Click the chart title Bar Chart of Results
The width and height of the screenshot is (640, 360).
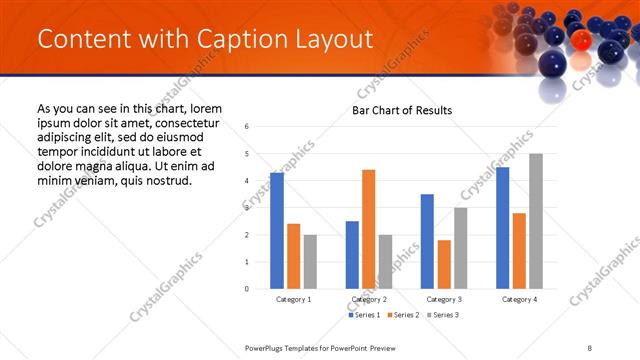pyautogui.click(x=402, y=110)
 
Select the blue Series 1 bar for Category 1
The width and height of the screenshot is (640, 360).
pyautogui.click(x=277, y=230)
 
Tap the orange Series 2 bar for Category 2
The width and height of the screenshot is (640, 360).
pyautogui.click(x=369, y=229)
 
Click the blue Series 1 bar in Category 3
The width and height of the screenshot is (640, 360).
pyautogui.click(x=428, y=241)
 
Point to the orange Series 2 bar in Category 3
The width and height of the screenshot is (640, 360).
pyautogui.click(x=444, y=264)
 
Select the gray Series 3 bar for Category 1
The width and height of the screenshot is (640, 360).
pyautogui.click(x=310, y=261)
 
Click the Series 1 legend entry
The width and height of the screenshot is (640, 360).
pyautogui.click(x=365, y=315)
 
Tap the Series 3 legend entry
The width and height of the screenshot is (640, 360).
pyautogui.click(x=444, y=315)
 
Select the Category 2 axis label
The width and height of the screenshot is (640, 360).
pyautogui.click(x=369, y=299)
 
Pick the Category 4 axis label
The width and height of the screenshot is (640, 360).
pyautogui.click(x=519, y=299)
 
